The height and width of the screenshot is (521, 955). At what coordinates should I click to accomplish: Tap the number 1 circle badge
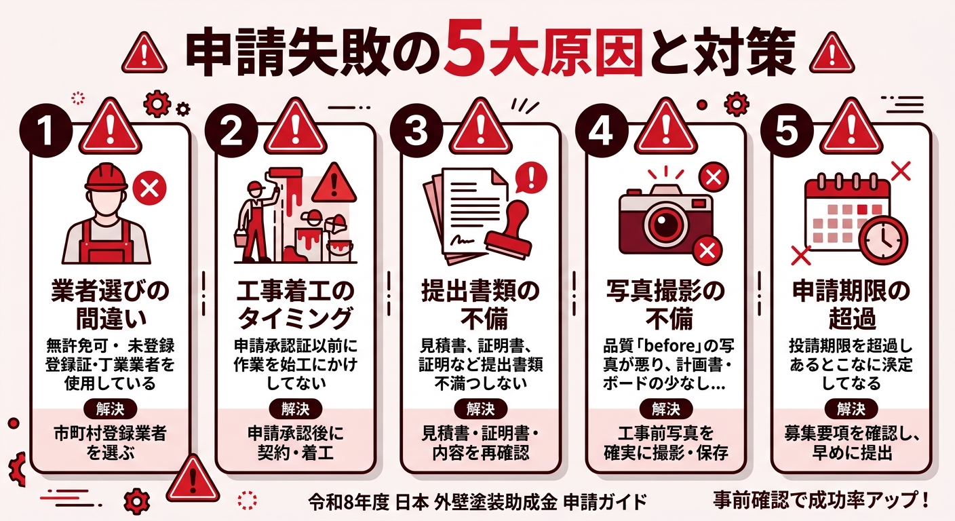coord(45,130)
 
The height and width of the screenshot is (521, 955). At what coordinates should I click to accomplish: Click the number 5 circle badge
coord(787,130)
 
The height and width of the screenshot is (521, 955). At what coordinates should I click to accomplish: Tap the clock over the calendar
coord(882,239)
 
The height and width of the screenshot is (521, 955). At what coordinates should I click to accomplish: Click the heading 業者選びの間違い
coord(110,305)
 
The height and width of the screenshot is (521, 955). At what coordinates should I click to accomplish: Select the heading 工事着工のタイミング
coord(296,305)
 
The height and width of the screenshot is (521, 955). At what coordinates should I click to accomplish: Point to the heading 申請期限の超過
coord(852,305)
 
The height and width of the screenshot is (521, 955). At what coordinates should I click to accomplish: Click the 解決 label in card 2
coord(296,409)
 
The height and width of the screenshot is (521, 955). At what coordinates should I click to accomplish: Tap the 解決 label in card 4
coord(666,409)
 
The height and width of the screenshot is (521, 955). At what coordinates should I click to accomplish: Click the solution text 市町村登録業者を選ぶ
coord(110,443)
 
